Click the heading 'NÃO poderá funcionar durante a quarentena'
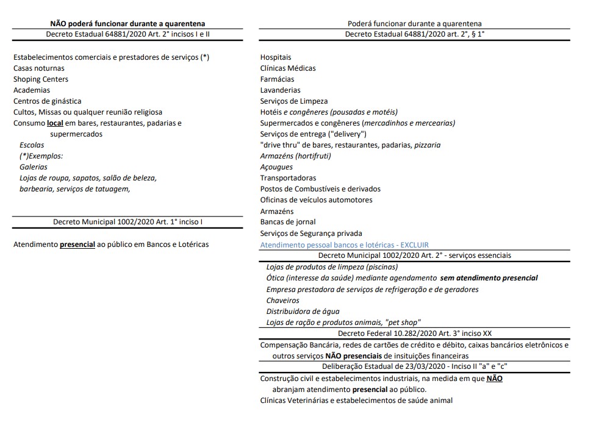127,24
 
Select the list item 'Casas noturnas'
39,68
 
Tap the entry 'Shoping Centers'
41,79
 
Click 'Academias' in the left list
32,90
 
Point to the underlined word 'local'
55,123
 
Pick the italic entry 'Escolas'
32,145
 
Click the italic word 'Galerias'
34,167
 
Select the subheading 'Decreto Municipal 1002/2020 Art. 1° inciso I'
127,222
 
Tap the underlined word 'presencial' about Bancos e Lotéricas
77,244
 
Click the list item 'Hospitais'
276,57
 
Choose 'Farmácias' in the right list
277,79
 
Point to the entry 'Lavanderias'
280,90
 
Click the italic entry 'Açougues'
276,167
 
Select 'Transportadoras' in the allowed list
288,178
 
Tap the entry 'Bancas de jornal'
288,222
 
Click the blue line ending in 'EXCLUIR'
344,245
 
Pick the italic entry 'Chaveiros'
283,301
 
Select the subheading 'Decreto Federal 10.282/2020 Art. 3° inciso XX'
414,333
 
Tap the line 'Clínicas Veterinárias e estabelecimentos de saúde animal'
356,401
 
